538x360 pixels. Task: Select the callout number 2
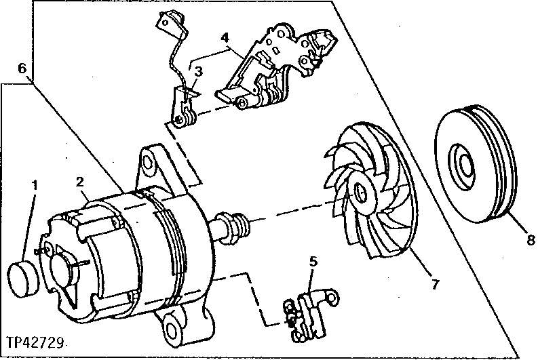click(80, 182)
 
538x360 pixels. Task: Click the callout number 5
click(313, 260)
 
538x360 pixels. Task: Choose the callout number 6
click(22, 68)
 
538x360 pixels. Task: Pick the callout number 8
click(531, 239)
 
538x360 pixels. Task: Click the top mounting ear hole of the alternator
click(147, 161)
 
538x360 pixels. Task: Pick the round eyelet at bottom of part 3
click(180, 121)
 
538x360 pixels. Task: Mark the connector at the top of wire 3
click(166, 23)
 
